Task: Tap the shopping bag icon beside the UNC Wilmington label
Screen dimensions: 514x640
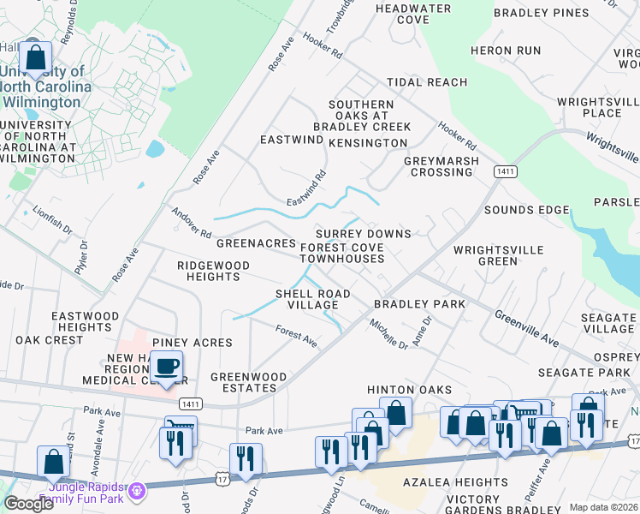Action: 36,58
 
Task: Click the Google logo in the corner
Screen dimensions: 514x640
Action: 28,504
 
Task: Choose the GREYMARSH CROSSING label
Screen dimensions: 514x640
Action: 441,166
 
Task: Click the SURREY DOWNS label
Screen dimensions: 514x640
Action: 363,234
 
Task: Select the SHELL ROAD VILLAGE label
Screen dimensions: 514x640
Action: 312,299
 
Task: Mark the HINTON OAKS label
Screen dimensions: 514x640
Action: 409,390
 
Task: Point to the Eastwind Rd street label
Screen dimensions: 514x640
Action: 306,188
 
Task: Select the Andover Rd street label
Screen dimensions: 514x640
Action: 191,222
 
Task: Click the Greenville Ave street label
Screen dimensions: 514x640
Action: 526,329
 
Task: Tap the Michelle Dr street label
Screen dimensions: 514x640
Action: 388,333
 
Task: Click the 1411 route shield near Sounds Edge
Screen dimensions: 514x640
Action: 505,172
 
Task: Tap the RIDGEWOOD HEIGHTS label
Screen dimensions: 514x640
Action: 213,271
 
